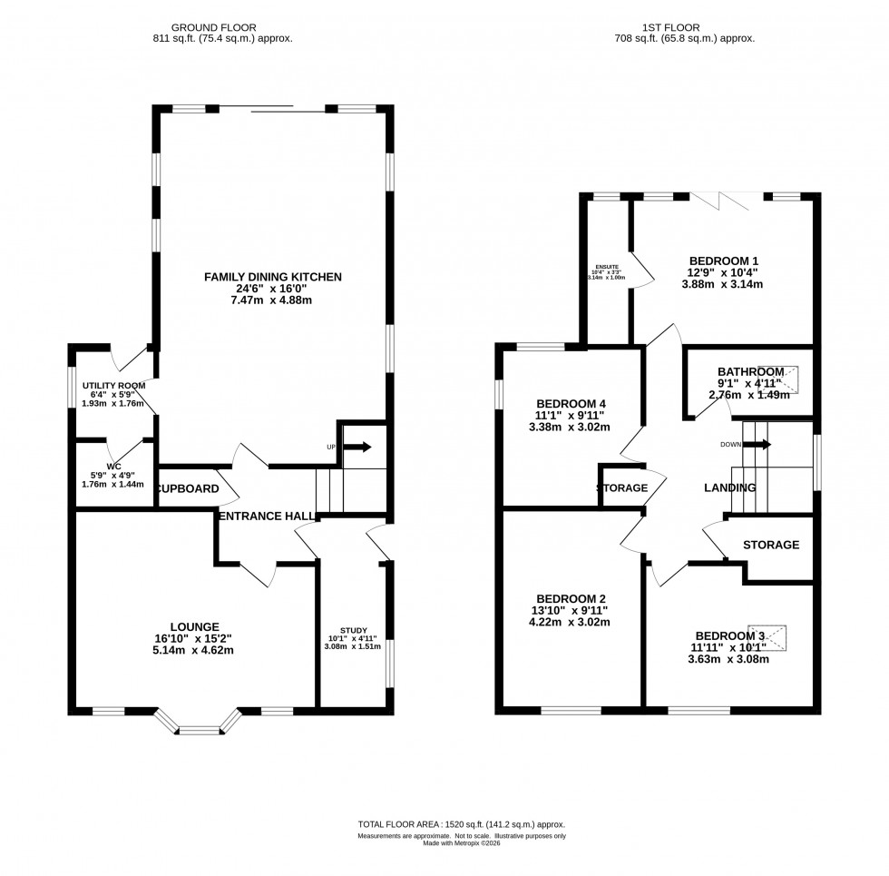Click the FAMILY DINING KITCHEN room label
point(272,276)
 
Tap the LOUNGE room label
point(194,626)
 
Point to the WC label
point(113,466)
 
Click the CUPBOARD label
point(188,488)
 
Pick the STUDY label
point(354,630)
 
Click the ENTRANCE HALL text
point(267,516)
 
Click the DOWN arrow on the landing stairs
point(760,445)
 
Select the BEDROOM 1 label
point(724,261)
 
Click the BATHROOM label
point(750,371)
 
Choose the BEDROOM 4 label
point(571,404)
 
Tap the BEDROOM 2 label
point(571,598)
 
